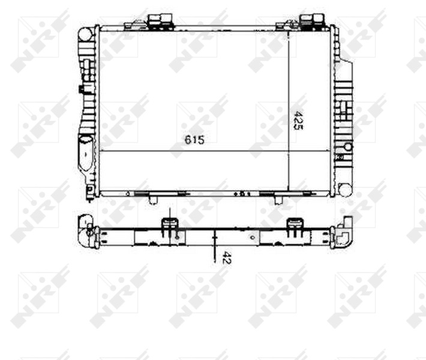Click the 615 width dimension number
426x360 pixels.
(x=195, y=140)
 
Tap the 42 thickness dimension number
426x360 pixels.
(x=226, y=259)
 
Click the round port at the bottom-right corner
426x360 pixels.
(x=344, y=188)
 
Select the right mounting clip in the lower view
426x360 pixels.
(x=295, y=226)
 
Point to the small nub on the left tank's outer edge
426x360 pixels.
(x=80, y=89)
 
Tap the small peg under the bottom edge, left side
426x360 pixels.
(x=154, y=199)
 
